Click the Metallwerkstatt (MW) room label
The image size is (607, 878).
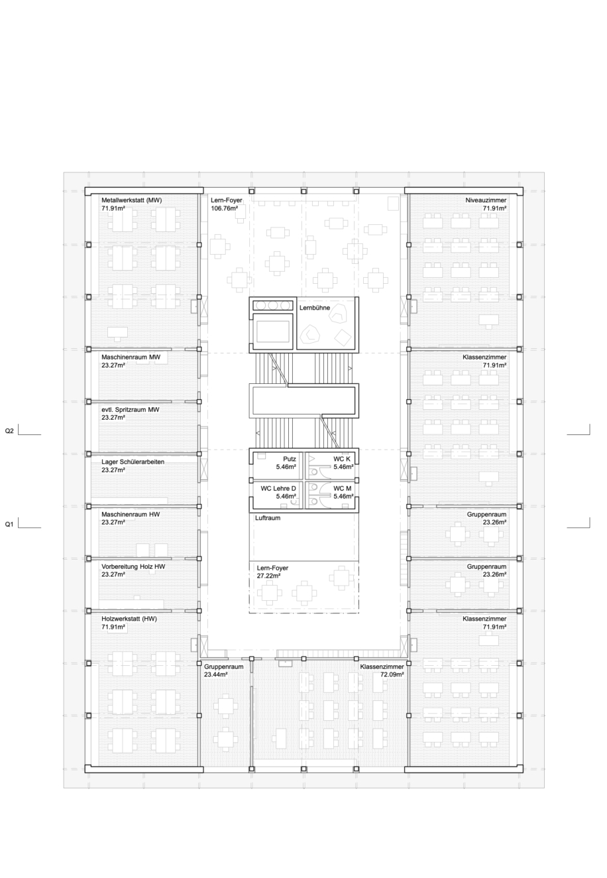click(132, 200)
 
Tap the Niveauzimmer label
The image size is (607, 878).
click(486, 200)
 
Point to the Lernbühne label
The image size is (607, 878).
click(315, 308)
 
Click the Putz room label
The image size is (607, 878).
click(290, 459)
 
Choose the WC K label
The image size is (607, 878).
click(342, 459)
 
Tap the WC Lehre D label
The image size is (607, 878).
click(278, 488)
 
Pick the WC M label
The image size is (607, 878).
click(343, 488)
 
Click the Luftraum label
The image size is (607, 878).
click(268, 518)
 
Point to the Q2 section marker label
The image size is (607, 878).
click(9, 431)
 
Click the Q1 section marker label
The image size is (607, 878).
click(9, 524)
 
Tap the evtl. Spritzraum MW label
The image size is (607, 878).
click(131, 410)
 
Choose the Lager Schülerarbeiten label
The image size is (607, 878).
click(133, 462)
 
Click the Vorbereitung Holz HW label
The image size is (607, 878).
click(133, 566)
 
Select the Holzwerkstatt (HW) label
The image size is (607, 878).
click(129, 619)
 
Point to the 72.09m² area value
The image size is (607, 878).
click(392, 674)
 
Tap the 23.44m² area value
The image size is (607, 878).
click(216, 674)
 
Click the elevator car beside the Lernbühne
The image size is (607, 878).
click(273, 331)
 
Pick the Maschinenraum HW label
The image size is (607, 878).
click(131, 514)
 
